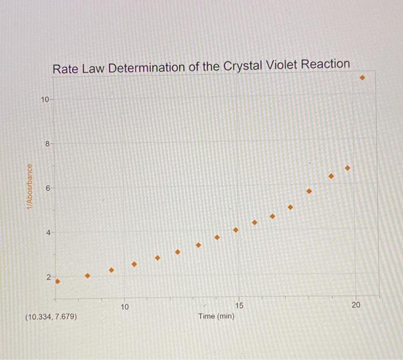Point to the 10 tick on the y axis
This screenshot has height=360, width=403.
(x=45, y=99)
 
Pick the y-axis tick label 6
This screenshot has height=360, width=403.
(x=48, y=188)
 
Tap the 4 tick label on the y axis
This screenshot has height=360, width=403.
(x=48, y=232)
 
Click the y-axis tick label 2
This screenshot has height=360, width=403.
(x=48, y=277)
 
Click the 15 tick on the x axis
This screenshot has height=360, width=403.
(x=239, y=305)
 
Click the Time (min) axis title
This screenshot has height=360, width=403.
(x=216, y=316)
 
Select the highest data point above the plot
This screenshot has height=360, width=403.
(x=362, y=77)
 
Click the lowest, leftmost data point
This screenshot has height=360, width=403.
(x=57, y=281)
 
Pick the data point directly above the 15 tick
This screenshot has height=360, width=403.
(x=235, y=229)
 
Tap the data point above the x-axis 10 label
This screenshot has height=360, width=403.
(x=134, y=264)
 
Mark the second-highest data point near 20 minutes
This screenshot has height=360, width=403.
(x=347, y=168)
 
